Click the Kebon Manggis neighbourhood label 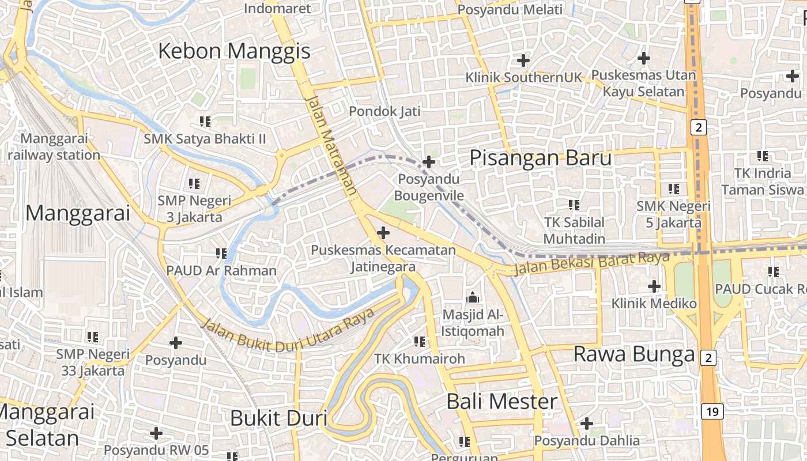[234, 51]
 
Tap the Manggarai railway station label [54, 147]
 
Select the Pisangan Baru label [540, 157]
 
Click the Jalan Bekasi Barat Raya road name [591, 263]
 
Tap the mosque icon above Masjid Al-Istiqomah [473, 298]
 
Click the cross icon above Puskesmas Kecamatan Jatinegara [383, 233]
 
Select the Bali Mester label [502, 402]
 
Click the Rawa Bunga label [633, 354]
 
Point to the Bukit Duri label [278, 418]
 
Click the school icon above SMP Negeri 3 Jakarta [194, 184]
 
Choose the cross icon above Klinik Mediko [654, 286]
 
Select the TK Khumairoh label [420, 358]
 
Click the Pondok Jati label [384, 111]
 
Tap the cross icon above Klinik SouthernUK [523, 60]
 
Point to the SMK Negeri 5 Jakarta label [673, 214]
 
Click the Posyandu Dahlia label [586, 440]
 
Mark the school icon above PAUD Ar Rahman [221, 253]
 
